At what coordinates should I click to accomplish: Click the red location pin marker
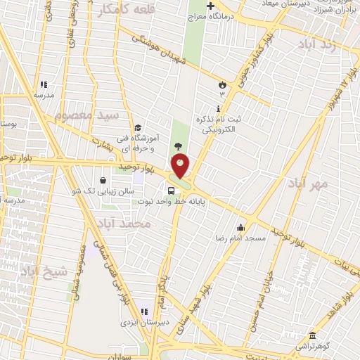[x=180, y=165]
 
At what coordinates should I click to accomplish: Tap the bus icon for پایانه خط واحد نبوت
[x=172, y=190]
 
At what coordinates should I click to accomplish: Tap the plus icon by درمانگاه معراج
[x=210, y=6]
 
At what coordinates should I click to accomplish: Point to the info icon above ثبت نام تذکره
[x=219, y=108]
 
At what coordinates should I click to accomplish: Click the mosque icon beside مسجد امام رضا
[x=241, y=227]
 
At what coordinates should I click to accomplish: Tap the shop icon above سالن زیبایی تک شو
[x=103, y=179]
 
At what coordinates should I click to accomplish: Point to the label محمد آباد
[x=126, y=224]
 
